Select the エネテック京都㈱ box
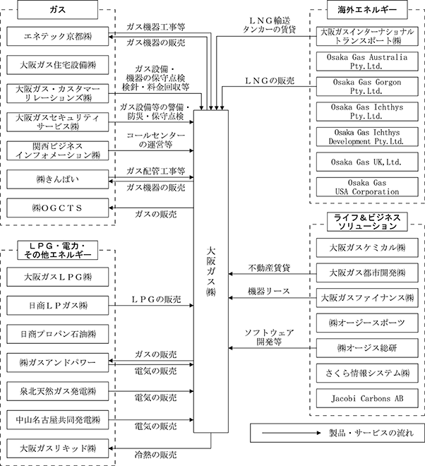57,37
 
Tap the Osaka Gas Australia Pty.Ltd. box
366,62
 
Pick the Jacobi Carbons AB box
366,398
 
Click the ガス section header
57,11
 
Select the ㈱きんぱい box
57,181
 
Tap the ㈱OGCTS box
57,208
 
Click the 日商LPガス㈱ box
57,305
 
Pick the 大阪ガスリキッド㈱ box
57,447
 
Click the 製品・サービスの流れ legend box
337,431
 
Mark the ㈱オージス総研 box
366,348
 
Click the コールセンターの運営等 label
156,139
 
